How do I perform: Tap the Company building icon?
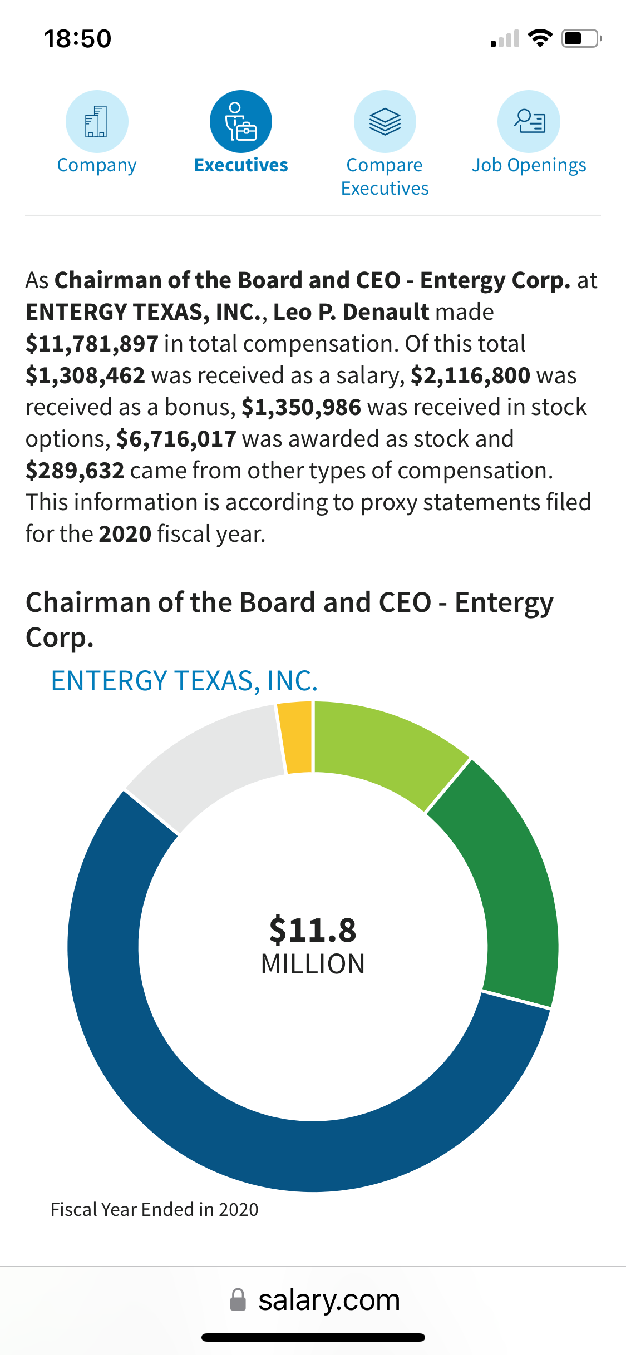pos(97,121)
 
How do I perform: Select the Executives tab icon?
pos(241,121)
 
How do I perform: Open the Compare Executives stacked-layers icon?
pos(385,121)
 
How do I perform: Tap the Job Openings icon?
pos(529,121)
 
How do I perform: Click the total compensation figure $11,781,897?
pos(92,344)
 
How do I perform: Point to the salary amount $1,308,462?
pos(85,375)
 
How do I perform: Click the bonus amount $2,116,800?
pos(470,375)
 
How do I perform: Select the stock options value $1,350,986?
pos(301,407)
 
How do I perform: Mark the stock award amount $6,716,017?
pos(176,439)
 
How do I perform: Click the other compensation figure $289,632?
pos(75,471)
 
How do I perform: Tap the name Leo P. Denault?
pos(351,312)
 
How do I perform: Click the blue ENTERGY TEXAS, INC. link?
pos(184,681)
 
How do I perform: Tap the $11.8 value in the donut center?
pos(313,930)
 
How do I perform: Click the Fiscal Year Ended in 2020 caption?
pos(155,1210)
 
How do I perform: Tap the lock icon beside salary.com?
pos(238,1300)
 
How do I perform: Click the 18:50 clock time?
pos(78,39)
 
